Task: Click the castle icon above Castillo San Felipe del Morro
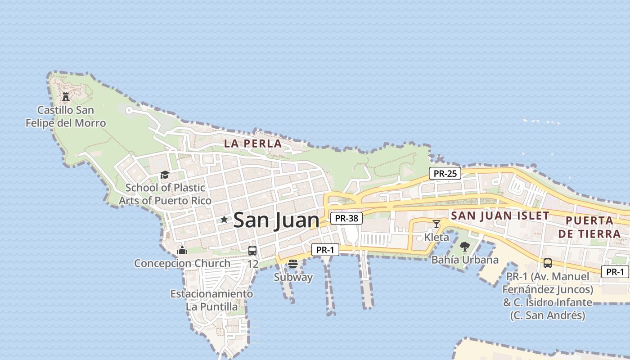point(66,96)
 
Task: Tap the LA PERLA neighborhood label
point(253,144)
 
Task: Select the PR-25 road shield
point(445,173)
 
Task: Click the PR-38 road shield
point(346,218)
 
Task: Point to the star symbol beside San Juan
point(224,220)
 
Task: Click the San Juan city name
point(276,220)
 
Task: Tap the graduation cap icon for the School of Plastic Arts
point(165,175)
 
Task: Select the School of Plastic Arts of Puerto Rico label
point(165,194)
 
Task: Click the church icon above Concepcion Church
point(182,250)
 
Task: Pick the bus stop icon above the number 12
point(252,251)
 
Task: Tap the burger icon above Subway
point(293,264)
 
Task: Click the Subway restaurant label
point(293,277)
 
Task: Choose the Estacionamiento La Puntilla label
point(211,300)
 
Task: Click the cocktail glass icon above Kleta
point(436,224)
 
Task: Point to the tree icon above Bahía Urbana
point(465,247)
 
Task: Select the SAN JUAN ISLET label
point(500,216)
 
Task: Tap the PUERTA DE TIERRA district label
point(589,227)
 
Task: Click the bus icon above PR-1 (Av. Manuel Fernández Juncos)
point(547,263)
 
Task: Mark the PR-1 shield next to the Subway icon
point(325,250)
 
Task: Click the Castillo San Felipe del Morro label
point(66,117)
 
